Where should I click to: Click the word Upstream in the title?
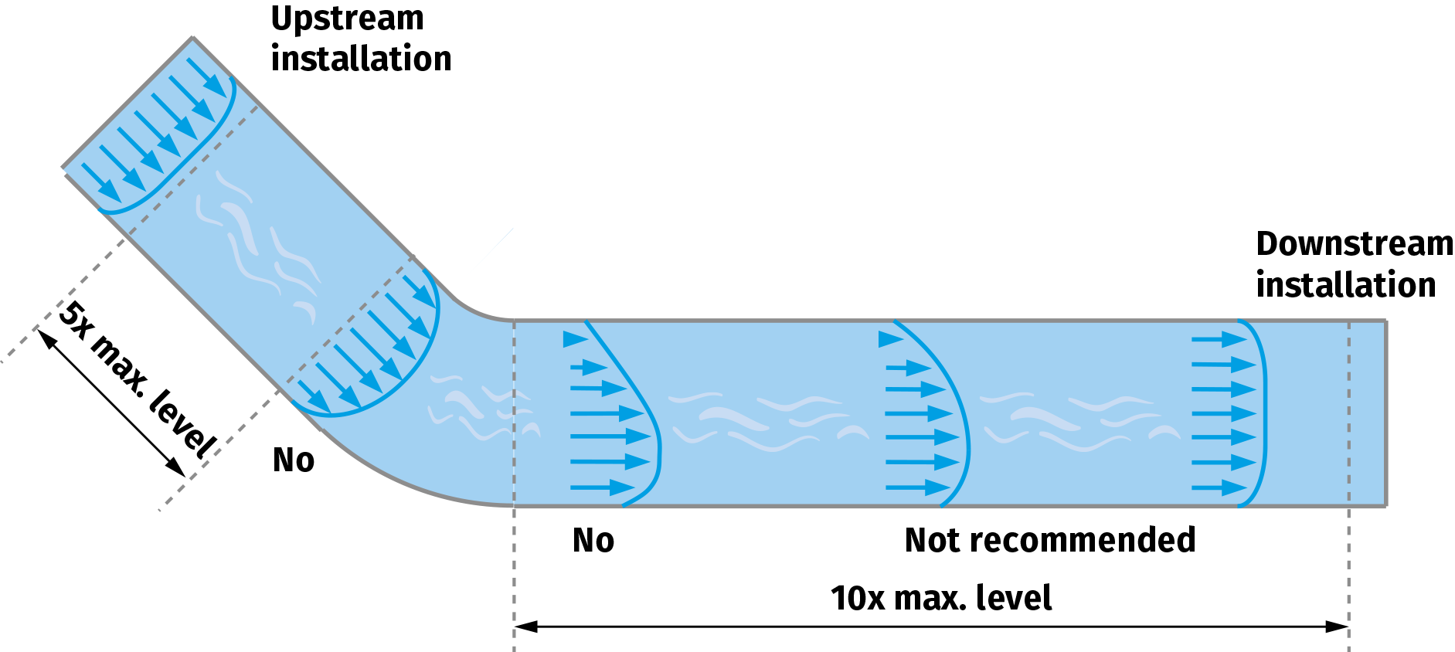pos(347,19)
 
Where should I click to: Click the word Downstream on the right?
pos(1354,244)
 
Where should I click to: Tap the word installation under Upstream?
pos(361,59)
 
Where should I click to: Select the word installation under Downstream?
pos(1345,285)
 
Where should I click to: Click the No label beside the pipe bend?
pos(294,460)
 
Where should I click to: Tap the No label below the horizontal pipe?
pos(593,541)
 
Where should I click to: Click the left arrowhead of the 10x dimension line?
pos(525,627)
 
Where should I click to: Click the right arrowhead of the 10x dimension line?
pos(1338,627)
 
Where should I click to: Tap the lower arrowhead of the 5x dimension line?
pos(177,468)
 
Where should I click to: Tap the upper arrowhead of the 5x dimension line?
pos(46,338)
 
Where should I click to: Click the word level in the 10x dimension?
pos(1014,599)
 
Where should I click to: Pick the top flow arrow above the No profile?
pos(576,339)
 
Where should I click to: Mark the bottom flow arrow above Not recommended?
pos(918,487)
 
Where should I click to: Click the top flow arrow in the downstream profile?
pos(1219,339)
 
